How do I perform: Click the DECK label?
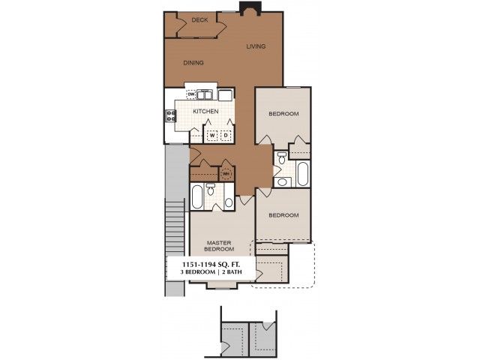click(x=199, y=20)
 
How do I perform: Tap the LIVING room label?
click(x=256, y=46)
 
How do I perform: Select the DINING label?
click(x=193, y=63)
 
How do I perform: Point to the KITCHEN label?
click(x=205, y=112)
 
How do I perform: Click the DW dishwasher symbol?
click(x=191, y=94)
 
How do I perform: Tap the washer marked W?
click(x=212, y=135)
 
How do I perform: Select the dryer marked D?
click(x=226, y=135)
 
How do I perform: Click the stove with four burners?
click(x=171, y=116)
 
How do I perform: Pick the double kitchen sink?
click(x=204, y=94)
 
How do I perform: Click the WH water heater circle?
click(x=226, y=174)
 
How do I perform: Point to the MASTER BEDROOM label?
click(x=219, y=246)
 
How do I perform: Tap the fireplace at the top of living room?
click(x=250, y=8)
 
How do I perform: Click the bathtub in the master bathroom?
click(x=197, y=196)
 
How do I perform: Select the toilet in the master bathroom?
click(x=210, y=189)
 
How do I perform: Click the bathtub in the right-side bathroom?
click(x=302, y=174)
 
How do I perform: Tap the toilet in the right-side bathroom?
click(x=282, y=157)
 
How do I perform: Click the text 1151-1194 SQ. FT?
click(x=211, y=264)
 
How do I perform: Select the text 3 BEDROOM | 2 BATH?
click(x=211, y=271)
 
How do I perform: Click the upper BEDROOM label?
click(x=283, y=114)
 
